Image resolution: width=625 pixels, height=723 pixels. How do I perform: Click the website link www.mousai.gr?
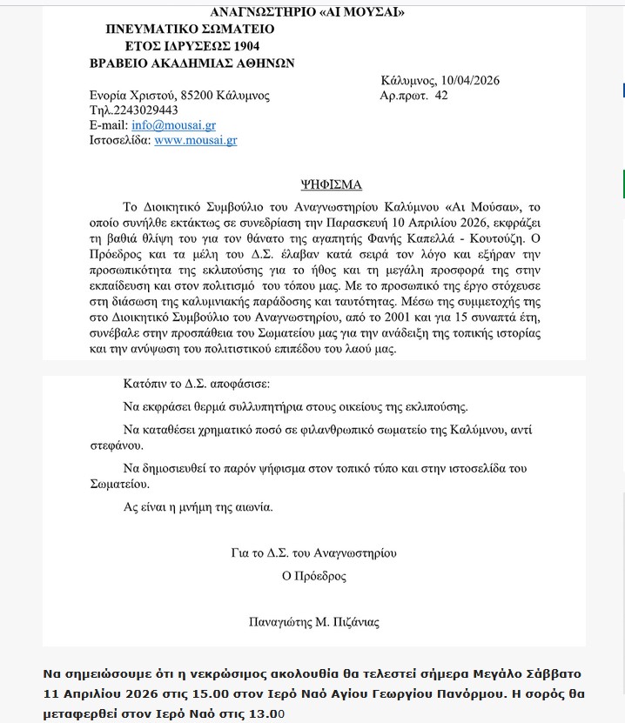pos(195,139)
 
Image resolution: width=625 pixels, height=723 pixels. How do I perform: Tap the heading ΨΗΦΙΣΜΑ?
pos(331,184)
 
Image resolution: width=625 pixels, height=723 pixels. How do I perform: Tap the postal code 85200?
pos(198,95)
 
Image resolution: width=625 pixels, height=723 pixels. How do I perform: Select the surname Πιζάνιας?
pos(355,622)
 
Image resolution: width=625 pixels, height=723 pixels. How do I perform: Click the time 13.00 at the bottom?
pos(267,714)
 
